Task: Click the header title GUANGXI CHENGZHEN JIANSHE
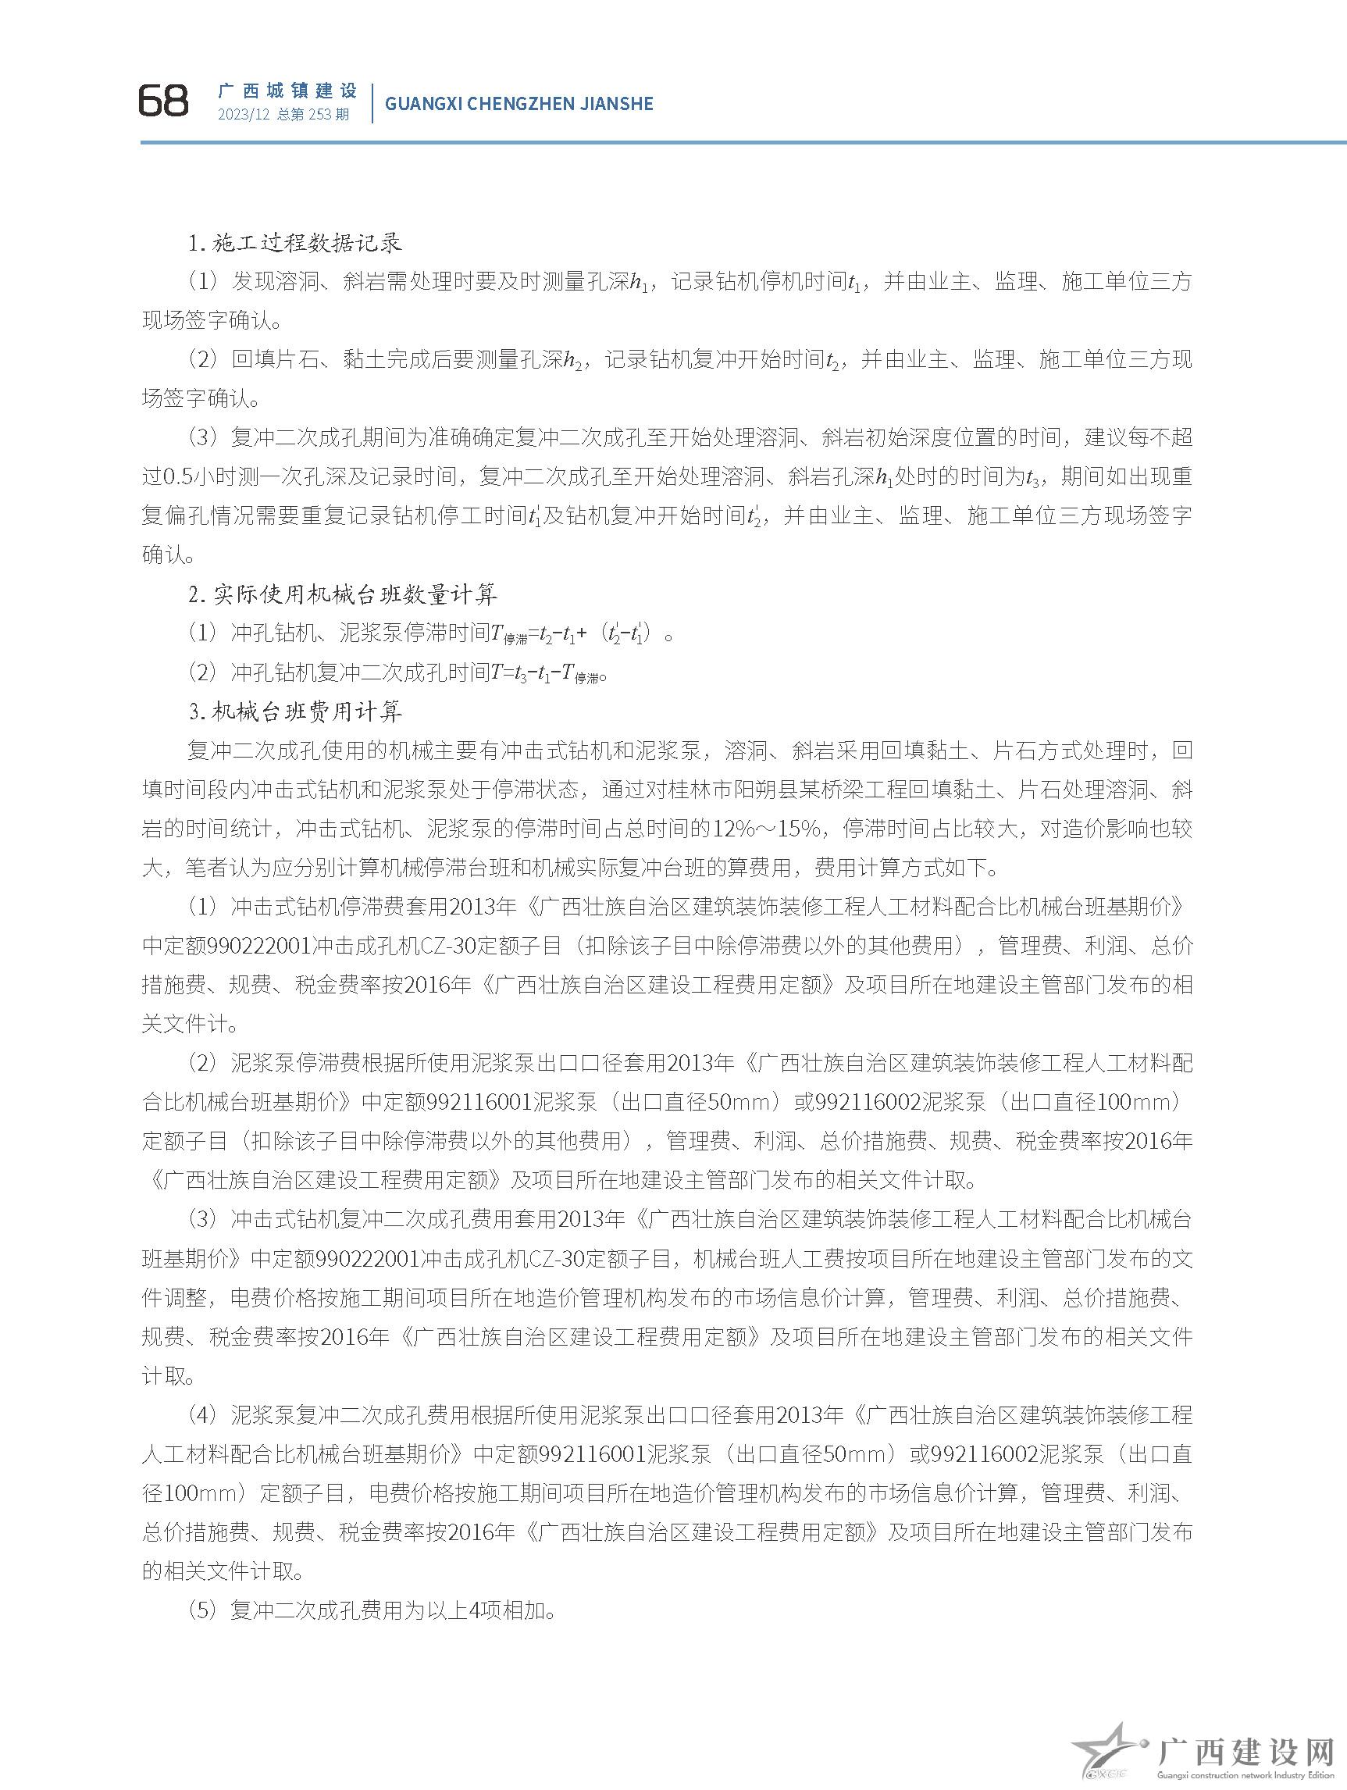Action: click(x=518, y=104)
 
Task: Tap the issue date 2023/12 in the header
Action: click(x=243, y=115)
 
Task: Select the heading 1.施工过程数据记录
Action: click(x=294, y=243)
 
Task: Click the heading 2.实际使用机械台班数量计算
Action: click(x=342, y=596)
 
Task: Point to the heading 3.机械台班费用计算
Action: click(x=294, y=712)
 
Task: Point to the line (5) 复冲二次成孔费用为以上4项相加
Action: click(x=372, y=1611)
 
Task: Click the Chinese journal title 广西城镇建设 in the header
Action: click(x=287, y=91)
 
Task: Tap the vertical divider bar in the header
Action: click(x=372, y=103)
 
